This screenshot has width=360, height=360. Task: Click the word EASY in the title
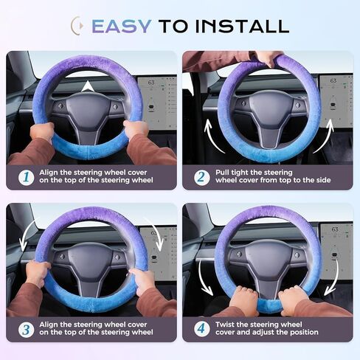(121, 26)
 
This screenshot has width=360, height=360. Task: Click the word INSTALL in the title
(244, 26)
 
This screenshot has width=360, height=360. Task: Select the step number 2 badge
(201, 178)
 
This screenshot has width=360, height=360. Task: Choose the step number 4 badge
(201, 329)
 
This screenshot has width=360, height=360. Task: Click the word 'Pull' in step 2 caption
(223, 172)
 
